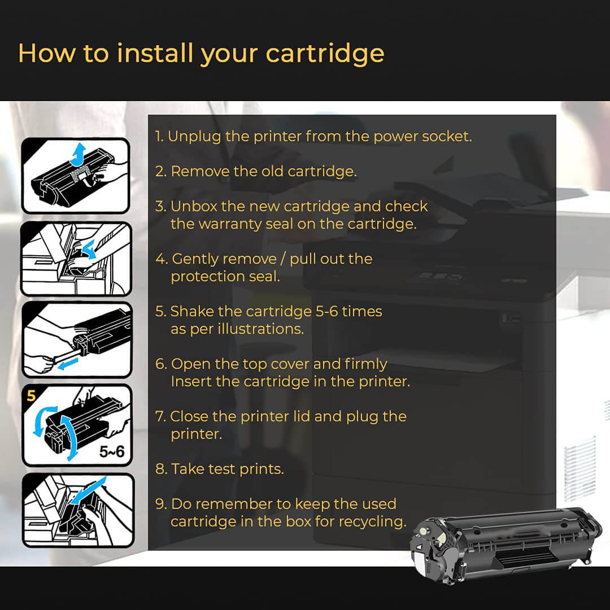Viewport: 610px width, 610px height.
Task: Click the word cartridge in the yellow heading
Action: [325, 54]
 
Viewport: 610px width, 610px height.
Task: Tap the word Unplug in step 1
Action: [194, 137]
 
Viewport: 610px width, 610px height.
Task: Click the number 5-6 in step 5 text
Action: [327, 311]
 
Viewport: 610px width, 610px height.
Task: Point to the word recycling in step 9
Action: [372, 522]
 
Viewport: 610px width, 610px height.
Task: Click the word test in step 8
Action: [222, 469]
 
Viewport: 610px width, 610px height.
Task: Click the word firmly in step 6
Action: [365, 364]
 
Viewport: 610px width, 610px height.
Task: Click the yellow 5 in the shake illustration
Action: [31, 395]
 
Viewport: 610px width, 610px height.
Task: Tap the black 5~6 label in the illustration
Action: [112, 452]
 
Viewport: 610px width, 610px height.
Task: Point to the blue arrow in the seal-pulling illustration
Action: [68, 364]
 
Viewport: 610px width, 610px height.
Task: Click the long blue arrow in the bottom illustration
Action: [89, 490]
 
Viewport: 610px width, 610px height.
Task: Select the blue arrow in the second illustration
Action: [89, 249]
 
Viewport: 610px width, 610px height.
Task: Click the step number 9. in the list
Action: [160, 504]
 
